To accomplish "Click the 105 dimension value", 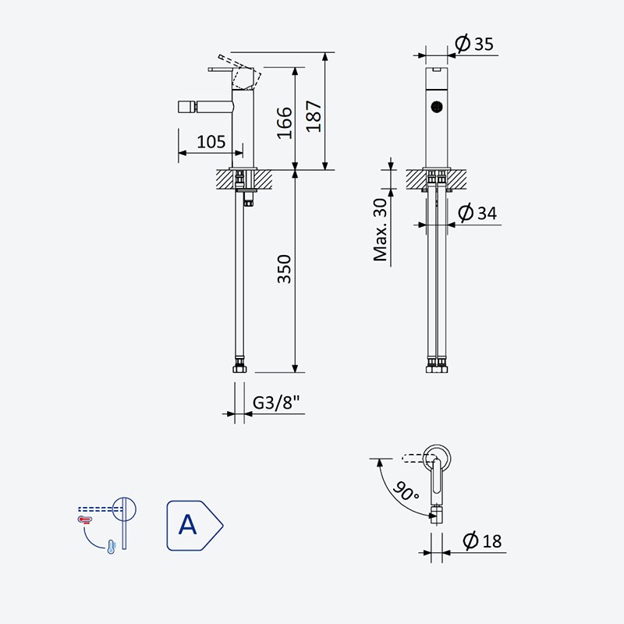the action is point(211,142).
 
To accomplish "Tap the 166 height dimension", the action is point(285,123).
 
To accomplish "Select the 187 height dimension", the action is point(314,116).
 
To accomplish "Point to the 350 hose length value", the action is point(284,269).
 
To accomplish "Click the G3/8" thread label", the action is point(276,402).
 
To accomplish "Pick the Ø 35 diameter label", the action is point(474,44).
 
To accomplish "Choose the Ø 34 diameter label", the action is point(477,212).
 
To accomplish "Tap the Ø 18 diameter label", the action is point(482,541).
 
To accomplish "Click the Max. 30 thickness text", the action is point(381,229).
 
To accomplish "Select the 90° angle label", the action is point(406,491).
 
